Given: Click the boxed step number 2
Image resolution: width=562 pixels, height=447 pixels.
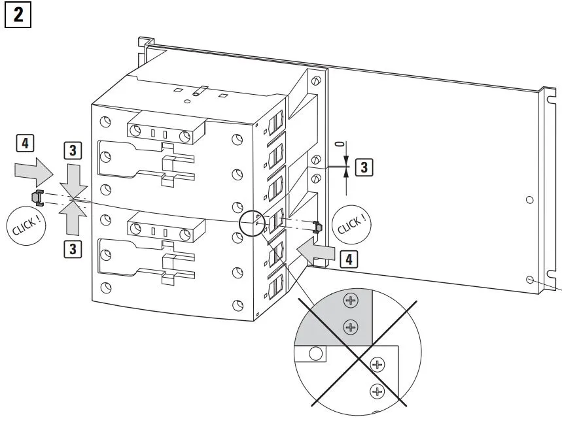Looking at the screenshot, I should (18, 14).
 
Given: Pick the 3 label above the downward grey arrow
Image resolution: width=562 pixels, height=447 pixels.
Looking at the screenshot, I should (73, 150).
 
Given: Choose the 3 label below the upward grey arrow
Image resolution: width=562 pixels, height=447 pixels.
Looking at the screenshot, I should (73, 248).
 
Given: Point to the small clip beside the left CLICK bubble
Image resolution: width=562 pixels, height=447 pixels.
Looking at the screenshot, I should (37, 196).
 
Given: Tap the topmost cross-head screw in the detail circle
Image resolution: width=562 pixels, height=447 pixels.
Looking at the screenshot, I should (352, 301).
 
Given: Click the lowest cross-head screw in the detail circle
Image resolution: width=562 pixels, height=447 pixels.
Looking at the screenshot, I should (376, 391).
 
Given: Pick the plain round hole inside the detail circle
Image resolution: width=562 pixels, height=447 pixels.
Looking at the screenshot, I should (315, 354).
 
